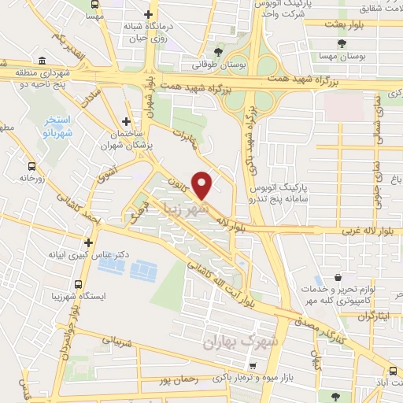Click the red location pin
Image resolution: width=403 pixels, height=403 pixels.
(202, 184)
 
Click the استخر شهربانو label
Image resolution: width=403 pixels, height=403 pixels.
(54, 125)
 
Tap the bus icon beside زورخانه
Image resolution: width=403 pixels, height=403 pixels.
(31, 166)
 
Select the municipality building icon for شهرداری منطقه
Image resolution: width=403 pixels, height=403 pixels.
(41, 61)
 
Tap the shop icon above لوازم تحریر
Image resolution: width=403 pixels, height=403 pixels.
(337, 277)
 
